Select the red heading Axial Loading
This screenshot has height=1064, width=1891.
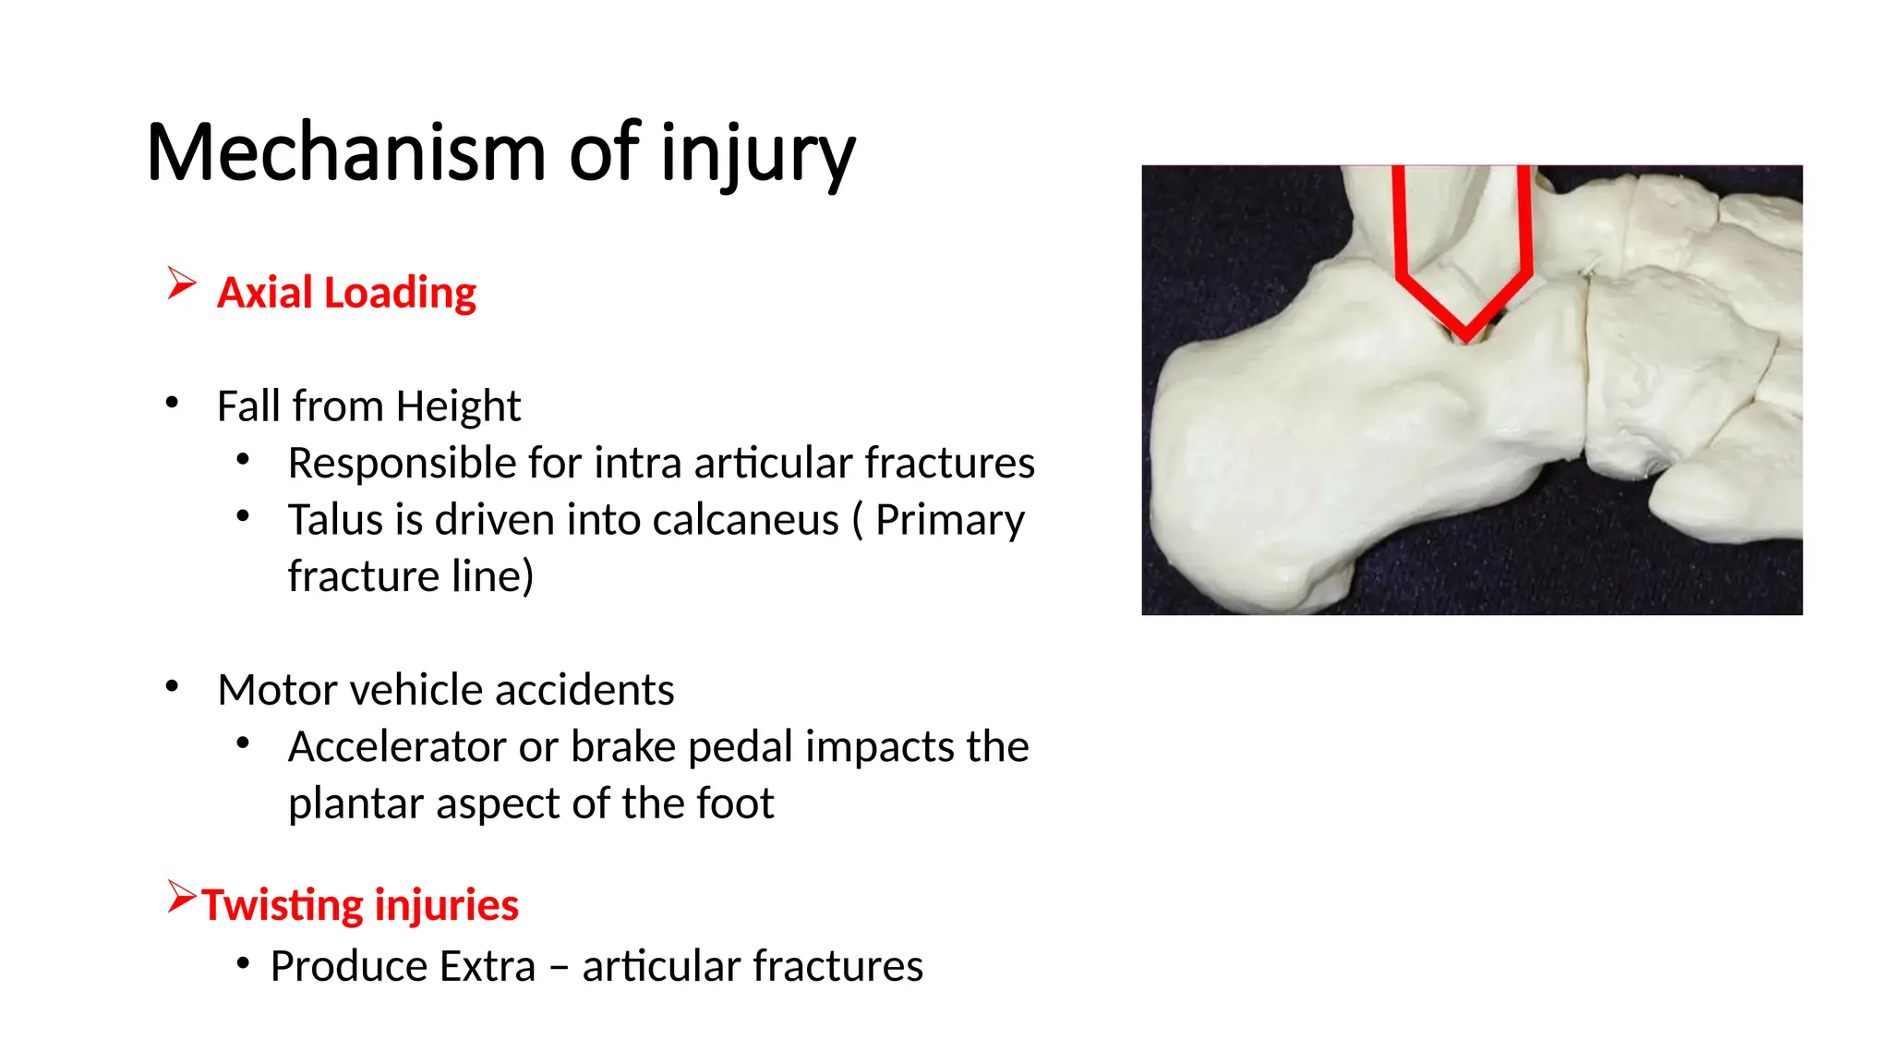click(x=346, y=293)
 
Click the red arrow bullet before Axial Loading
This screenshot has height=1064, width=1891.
click(x=181, y=284)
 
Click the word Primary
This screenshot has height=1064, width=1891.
click(x=949, y=520)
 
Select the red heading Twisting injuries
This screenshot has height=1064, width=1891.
click(x=360, y=905)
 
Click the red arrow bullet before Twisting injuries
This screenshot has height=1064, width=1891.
click(x=181, y=896)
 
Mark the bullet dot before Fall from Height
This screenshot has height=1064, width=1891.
click(x=172, y=403)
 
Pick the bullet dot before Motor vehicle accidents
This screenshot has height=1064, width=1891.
click(x=172, y=686)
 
